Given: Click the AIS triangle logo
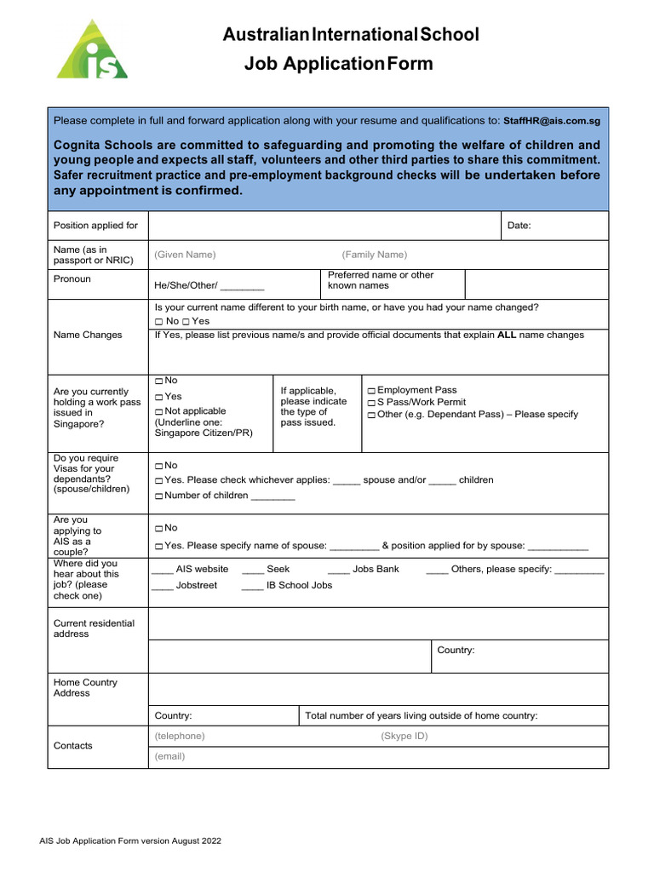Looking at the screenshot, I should click(92, 51).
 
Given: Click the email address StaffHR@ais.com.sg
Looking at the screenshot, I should click(552, 122).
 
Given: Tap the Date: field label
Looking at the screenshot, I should click(519, 226).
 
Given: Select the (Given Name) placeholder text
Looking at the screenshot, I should click(185, 255).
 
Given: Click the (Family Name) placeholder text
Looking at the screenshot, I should click(375, 255).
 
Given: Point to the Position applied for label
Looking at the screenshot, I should click(95, 226).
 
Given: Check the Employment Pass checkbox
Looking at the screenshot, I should click(371, 391).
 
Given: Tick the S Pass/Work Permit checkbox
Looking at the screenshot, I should click(371, 403).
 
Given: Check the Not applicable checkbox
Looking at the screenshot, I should click(159, 412).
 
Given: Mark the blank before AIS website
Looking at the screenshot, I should click(163, 569).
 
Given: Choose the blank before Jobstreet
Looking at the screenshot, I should click(163, 585).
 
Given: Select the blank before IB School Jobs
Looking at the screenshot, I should click(253, 585).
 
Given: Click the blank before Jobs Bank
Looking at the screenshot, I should click(339, 569).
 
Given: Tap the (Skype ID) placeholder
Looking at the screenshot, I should click(404, 736).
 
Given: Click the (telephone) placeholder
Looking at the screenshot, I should click(180, 736).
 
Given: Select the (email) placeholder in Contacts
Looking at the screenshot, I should click(169, 756).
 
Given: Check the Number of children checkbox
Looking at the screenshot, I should click(159, 496).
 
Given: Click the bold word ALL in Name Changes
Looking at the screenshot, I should click(507, 335).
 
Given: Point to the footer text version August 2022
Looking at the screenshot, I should click(130, 840).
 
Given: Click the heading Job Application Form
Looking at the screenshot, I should click(338, 64).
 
